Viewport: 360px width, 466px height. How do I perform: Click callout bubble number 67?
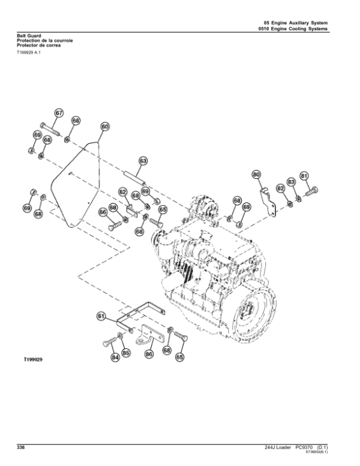59,113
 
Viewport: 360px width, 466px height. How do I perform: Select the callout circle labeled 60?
104,127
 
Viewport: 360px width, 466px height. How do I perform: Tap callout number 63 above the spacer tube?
143,161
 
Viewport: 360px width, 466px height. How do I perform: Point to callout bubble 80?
256,175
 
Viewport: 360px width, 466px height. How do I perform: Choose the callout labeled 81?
304,175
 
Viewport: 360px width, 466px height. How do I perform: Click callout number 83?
291,181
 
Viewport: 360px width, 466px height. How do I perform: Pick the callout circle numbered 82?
280,188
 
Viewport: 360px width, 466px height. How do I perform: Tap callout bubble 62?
122,192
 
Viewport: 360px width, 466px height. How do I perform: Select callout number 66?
103,211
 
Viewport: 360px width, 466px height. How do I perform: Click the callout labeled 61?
101,315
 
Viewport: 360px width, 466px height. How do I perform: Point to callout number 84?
115,359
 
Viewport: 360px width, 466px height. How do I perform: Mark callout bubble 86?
149,355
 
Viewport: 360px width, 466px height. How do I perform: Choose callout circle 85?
126,353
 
